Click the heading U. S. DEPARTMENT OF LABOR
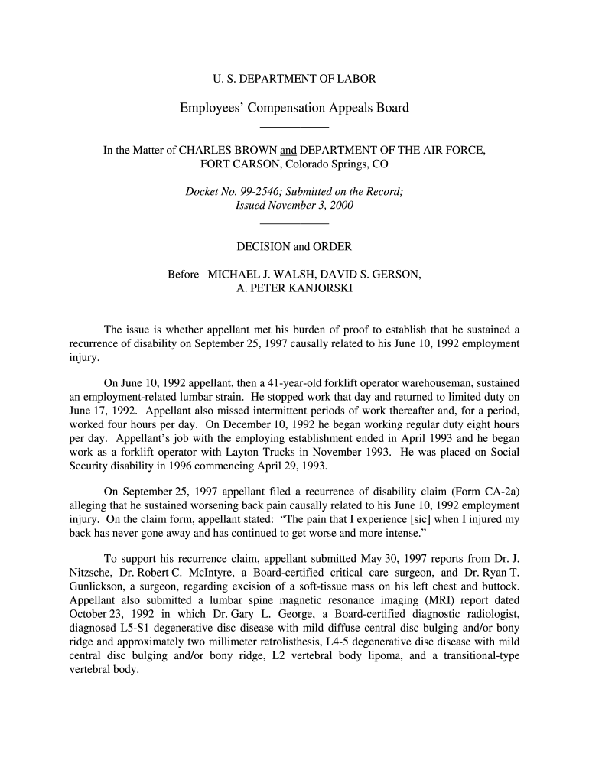click(294, 78)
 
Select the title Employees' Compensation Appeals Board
click(294, 108)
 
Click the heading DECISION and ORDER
click(294, 247)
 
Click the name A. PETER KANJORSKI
click(294, 288)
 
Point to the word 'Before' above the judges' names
click(184, 274)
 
